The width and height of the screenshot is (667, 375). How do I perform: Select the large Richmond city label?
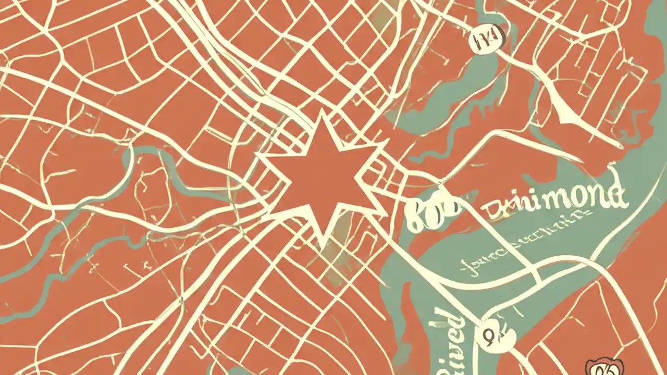click(x=552, y=201)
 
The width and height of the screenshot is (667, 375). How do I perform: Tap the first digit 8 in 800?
click(x=414, y=216)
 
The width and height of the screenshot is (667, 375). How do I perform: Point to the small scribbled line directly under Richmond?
click(x=552, y=221)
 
